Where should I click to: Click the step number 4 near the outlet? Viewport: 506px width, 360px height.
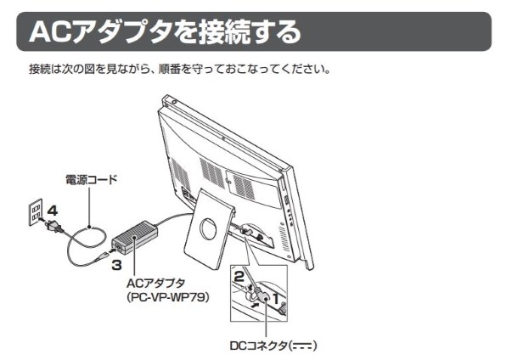pos(53,211)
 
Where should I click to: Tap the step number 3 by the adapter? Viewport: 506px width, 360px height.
pos(116,265)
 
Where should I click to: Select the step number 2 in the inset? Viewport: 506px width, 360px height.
pos(239,276)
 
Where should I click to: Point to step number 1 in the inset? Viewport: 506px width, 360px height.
pos(276,299)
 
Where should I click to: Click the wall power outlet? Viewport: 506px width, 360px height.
pos(36,212)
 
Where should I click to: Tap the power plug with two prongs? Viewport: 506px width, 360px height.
pos(53,225)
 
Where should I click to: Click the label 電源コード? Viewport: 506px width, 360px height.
pos(92,179)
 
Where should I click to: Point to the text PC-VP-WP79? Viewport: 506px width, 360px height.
pos(168,297)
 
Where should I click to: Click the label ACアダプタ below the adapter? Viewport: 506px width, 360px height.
pos(156,283)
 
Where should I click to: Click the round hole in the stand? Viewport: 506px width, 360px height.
pos(208,230)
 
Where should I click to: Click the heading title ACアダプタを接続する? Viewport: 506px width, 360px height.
pos(166,31)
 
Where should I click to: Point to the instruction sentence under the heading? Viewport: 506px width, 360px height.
pos(180,69)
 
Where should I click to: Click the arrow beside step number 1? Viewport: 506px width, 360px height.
pos(255,305)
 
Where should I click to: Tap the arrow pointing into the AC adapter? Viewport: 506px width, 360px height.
pos(113,250)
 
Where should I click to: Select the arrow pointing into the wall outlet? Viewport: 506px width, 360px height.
pos(41,220)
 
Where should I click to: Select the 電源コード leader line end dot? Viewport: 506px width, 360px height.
pos(90,227)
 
